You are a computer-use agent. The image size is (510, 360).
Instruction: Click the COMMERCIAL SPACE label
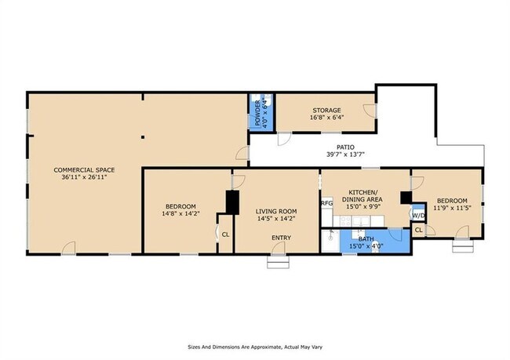(84, 169)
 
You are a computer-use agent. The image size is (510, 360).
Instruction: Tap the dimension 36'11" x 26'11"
(84, 177)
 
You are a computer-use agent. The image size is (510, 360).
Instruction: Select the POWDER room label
(257, 113)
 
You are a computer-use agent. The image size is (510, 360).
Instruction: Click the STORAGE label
(326, 111)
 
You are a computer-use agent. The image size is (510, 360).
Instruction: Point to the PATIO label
(345, 147)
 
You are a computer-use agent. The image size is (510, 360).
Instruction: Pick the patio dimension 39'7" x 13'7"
(345, 155)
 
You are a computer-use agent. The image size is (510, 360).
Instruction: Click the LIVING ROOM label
(276, 212)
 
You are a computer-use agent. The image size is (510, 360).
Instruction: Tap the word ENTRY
(282, 238)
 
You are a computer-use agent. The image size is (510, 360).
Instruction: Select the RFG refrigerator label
(327, 203)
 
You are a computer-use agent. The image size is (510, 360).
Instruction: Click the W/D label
(419, 215)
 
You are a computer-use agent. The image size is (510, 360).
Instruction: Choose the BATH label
(366, 239)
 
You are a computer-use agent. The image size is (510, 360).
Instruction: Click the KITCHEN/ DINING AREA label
(363, 195)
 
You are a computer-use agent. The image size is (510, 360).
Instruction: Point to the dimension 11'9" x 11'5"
(452, 208)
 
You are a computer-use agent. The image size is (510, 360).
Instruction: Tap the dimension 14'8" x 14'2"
(180, 213)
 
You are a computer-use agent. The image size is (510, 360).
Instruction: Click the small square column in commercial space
(143, 137)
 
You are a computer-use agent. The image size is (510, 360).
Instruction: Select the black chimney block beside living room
(232, 202)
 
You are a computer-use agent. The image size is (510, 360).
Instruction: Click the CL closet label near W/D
(419, 231)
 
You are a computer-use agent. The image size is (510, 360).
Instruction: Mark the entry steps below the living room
(278, 261)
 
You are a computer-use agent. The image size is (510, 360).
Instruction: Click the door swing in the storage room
(370, 111)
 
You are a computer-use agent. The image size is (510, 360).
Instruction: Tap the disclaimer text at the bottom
(255, 347)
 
